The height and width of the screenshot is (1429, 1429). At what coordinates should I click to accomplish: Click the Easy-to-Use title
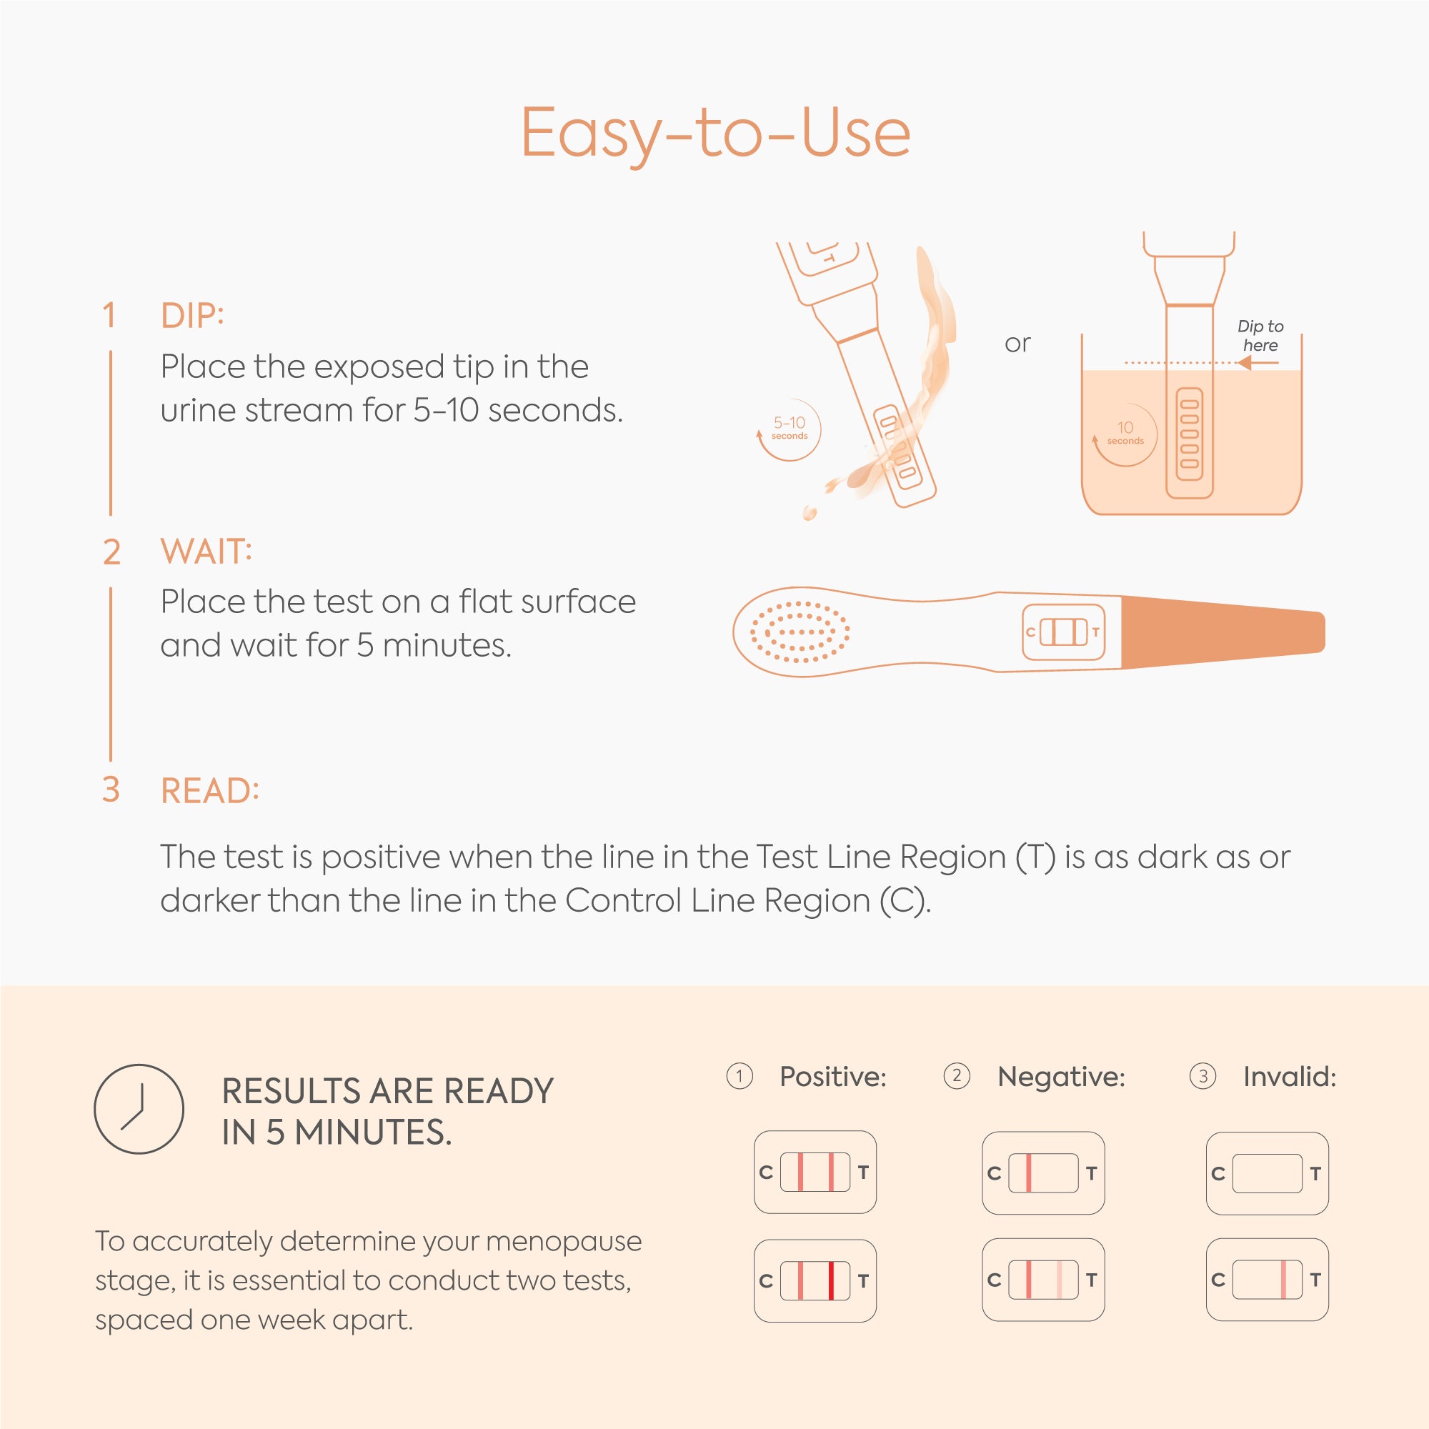click(x=715, y=133)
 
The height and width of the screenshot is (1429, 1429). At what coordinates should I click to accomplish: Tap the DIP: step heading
click(x=192, y=316)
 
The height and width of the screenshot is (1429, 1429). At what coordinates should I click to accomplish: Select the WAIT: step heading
click(x=206, y=552)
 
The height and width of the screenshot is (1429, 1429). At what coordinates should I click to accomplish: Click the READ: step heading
click(x=210, y=791)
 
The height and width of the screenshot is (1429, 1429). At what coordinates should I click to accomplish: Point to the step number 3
click(x=111, y=790)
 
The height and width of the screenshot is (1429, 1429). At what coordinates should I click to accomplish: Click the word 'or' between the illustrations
click(x=1017, y=343)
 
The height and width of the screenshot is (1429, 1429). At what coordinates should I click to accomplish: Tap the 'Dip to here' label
click(x=1260, y=336)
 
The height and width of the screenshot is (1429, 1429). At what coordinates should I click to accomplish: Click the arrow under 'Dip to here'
click(x=1258, y=362)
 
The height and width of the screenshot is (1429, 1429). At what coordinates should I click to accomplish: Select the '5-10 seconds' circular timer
click(x=789, y=429)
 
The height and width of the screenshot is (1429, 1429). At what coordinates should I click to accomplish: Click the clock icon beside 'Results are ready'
click(x=139, y=1109)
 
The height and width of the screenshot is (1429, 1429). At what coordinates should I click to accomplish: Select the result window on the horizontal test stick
click(x=1064, y=632)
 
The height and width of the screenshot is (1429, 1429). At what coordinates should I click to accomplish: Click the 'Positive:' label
click(x=833, y=1077)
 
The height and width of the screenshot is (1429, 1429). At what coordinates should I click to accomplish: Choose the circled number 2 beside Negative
click(x=957, y=1075)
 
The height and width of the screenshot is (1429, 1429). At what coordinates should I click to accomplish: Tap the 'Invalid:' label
click(x=1290, y=1077)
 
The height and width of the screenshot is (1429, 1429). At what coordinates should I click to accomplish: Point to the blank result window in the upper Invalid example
click(x=1267, y=1173)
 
